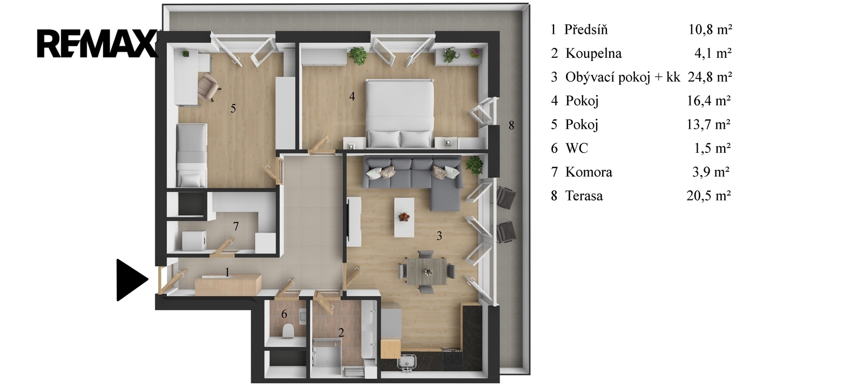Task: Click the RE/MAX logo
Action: pyautogui.click(x=98, y=44)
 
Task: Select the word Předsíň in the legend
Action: pyautogui.click(x=586, y=30)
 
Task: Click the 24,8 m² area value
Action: pyautogui.click(x=710, y=77)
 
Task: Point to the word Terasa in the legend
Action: pyautogui.click(x=584, y=196)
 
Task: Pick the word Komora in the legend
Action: pyautogui.click(x=589, y=172)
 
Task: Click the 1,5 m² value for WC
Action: pyautogui.click(x=712, y=148)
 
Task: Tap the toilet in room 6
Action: pyautogui.click(x=288, y=331)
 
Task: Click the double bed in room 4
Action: pyautogui.click(x=400, y=114)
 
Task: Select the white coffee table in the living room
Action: pyautogui.click(x=404, y=217)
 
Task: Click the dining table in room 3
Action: pyautogui.click(x=427, y=271)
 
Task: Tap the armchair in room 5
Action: pyautogui.click(x=208, y=87)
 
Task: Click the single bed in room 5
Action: pyautogui.click(x=192, y=155)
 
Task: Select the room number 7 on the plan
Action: pyautogui.click(x=235, y=226)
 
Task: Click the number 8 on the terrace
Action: pyautogui.click(x=511, y=125)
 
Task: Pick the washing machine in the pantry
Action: pyautogui.click(x=194, y=241)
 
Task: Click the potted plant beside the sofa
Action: pyautogui.click(x=475, y=165)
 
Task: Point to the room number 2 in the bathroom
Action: pyautogui.click(x=341, y=332)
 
